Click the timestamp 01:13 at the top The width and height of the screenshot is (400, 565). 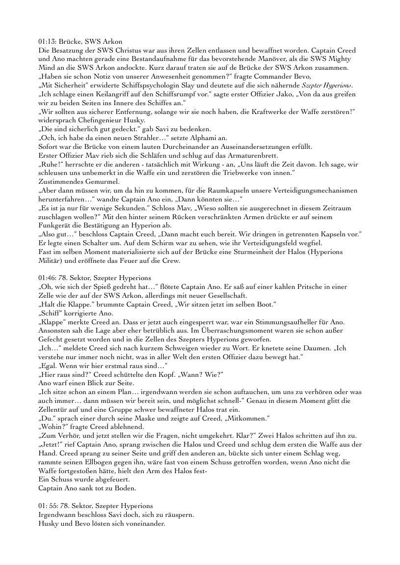coord(47,42)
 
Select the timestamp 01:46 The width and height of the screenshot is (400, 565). coord(47,278)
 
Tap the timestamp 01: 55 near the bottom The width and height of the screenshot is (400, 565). coord(48,505)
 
